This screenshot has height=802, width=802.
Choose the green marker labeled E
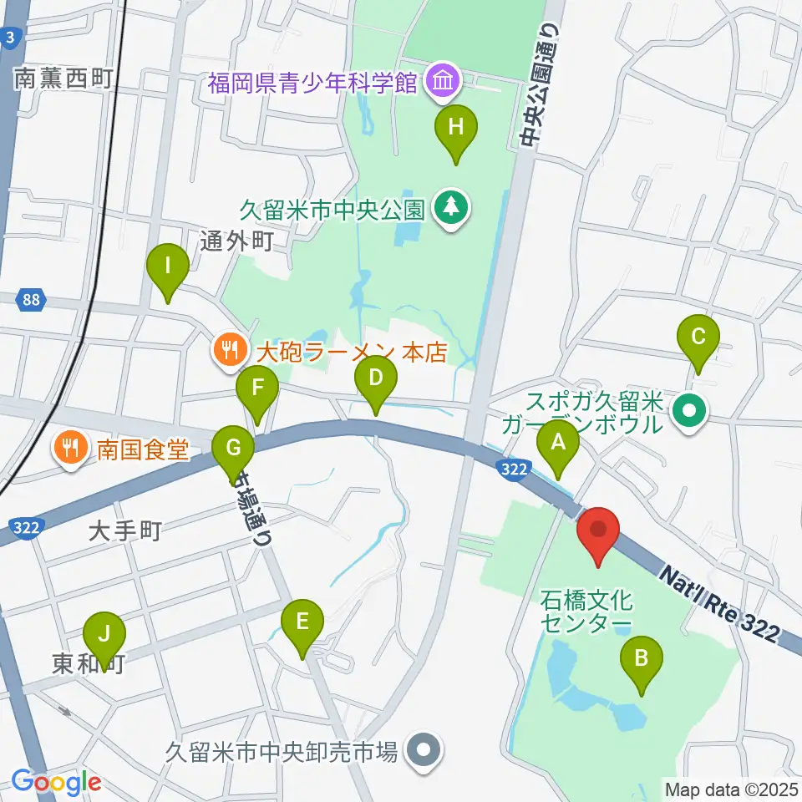pyautogui.click(x=302, y=623)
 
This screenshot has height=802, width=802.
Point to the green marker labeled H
pyautogui.click(x=455, y=129)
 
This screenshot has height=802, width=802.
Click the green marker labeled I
pyautogui.click(x=167, y=269)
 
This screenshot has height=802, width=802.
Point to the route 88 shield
pyautogui.click(x=31, y=301)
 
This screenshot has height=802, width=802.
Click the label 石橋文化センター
pyautogui.click(x=587, y=612)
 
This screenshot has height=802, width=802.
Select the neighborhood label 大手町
pyautogui.click(x=123, y=530)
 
